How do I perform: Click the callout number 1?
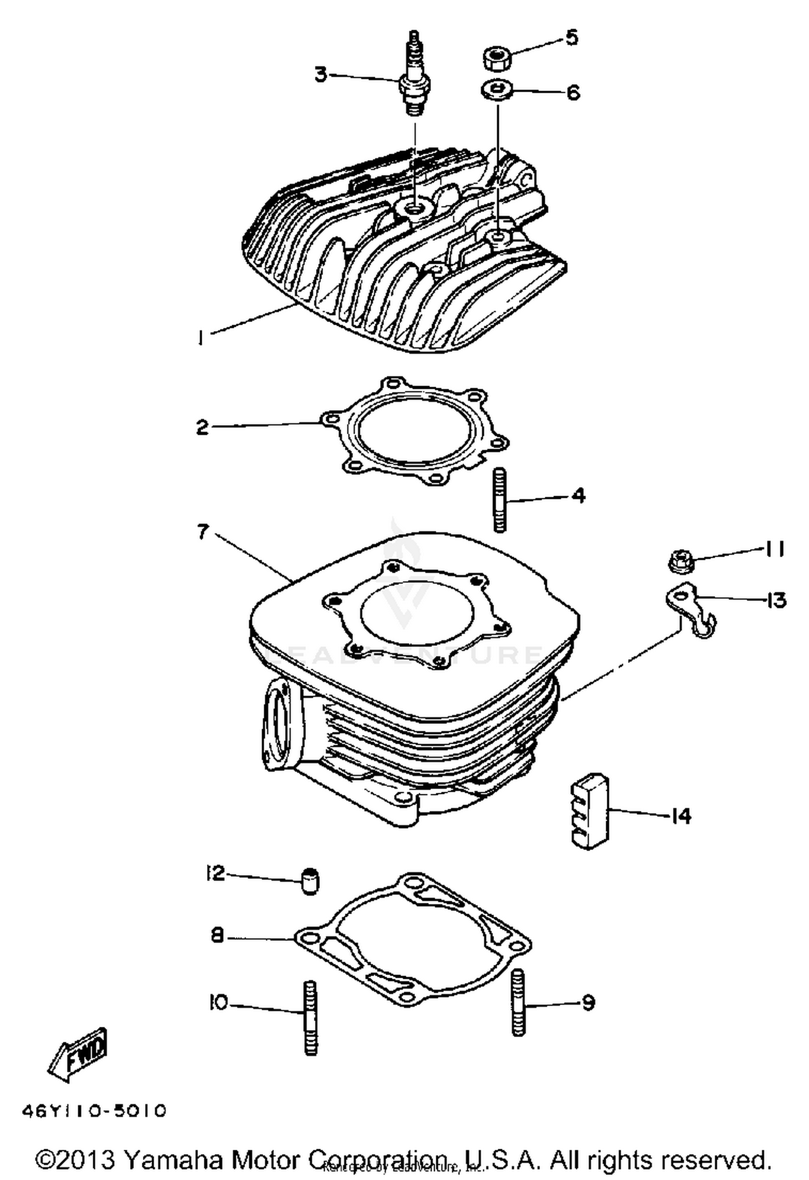point(200,338)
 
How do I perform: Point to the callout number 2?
point(202,428)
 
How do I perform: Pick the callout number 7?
point(203,532)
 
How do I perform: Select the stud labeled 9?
point(518,1002)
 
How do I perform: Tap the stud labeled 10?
point(311,1017)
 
